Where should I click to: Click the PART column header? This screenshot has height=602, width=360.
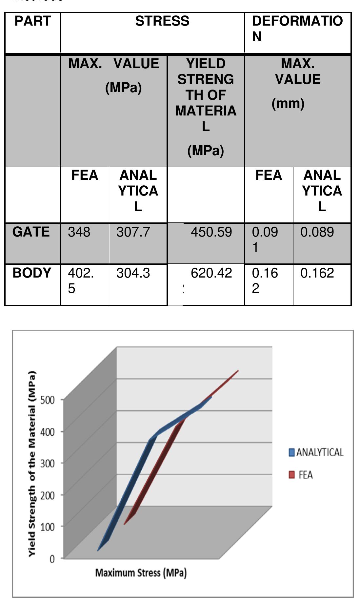32,21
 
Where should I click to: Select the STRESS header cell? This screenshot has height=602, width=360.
162,21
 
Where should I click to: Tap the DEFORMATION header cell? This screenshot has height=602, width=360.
297,29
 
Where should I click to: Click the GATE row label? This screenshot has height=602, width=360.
31,232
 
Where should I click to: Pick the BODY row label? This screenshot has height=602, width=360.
32,273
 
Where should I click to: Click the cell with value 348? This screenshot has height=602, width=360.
79,232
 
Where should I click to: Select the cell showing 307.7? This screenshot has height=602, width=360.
133,232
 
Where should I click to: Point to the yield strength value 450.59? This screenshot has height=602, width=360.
211,232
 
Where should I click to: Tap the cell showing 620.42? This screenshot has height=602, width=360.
211,273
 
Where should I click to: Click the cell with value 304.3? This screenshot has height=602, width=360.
133,273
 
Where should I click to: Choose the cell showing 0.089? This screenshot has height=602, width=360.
317,232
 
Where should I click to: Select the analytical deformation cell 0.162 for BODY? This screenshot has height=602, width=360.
317,273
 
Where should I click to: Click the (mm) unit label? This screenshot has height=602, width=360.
288,103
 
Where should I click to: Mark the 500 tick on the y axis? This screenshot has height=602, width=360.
48,400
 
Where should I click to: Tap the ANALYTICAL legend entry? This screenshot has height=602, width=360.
316,452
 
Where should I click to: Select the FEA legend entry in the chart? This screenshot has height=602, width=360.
301,475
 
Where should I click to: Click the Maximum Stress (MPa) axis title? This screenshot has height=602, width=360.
141,573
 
